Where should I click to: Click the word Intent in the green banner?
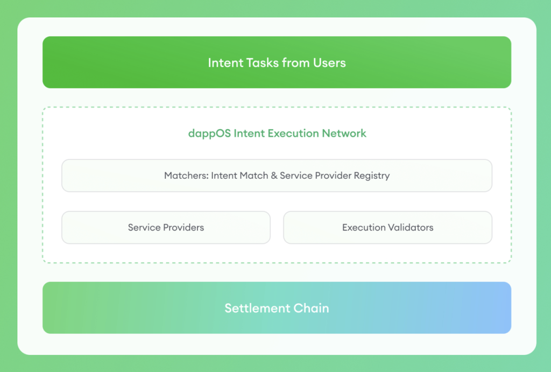point(225,62)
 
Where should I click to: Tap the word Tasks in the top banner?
point(263,62)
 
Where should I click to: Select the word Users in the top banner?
point(329,62)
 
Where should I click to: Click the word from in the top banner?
point(296,62)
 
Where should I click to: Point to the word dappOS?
point(209,134)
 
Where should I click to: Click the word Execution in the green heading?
point(294,134)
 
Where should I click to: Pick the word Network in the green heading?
point(344,134)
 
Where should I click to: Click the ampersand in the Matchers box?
point(274,176)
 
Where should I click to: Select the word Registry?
point(372,176)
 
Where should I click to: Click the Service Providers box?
point(166,228)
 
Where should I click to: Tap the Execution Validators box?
point(387,228)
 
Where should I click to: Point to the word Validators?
point(411,228)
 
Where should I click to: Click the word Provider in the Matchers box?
point(333,176)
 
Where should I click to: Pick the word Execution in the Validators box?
point(364,228)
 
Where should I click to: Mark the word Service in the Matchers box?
point(296,176)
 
